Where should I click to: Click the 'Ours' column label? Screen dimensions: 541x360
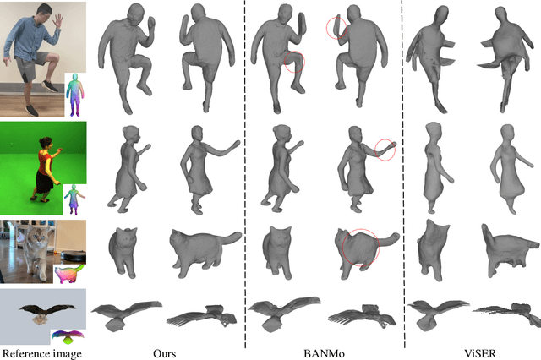tap(165, 353)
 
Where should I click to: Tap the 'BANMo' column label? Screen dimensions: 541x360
tap(324, 353)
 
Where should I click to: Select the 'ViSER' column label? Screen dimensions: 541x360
tap(480, 353)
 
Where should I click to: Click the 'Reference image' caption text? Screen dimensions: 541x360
tap(42, 354)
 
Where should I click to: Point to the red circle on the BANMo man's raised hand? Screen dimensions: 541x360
tap(326, 28)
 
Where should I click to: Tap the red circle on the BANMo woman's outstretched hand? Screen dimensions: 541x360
tap(374, 150)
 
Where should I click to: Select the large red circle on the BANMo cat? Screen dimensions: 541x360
tap(342, 248)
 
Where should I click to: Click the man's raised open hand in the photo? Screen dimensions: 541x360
tap(57, 20)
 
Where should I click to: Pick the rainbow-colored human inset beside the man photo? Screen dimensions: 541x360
tap(75, 95)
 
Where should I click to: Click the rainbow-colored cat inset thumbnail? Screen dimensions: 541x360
tap(68, 274)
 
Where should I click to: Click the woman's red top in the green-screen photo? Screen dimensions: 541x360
tap(45, 160)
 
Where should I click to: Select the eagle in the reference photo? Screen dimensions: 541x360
tap(46, 313)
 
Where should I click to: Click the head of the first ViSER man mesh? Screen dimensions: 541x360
tap(441, 16)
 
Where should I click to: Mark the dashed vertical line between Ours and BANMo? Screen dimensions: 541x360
tap(245, 174)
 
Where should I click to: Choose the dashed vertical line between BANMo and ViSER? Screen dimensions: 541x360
tap(403, 174)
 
